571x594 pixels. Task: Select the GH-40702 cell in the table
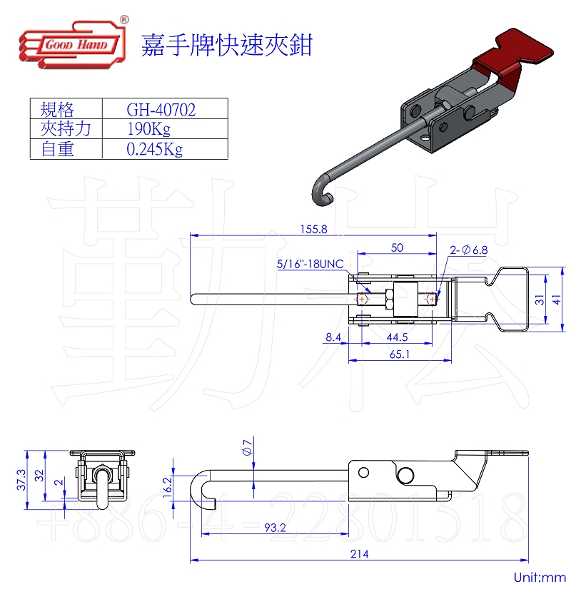pos(161,109)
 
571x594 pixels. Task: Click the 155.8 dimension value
pos(313,230)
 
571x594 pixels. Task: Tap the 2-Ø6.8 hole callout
pos(468,250)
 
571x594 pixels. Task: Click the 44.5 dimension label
pos(397,338)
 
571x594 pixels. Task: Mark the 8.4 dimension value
pos(333,338)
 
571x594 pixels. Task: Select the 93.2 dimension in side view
pos(276,528)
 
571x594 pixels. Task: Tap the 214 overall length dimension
pos(360,554)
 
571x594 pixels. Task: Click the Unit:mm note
pos(539,578)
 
